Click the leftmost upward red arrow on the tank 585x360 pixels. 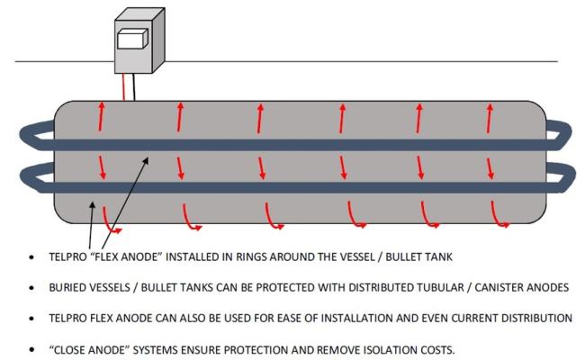tap(101, 116)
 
